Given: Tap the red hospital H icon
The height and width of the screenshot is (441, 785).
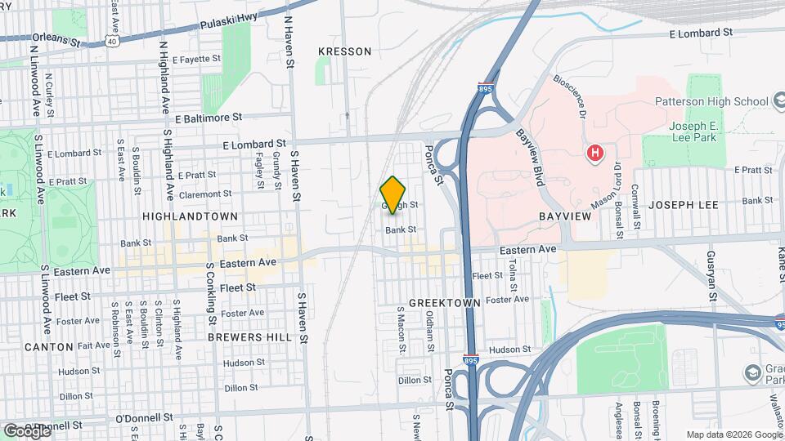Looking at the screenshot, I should [595, 152].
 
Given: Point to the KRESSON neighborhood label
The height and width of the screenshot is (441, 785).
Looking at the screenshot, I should [344, 51].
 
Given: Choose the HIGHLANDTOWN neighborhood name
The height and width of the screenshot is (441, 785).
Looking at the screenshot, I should [190, 216].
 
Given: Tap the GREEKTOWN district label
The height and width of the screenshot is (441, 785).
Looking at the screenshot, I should [444, 302].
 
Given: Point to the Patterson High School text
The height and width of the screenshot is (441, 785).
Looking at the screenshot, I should [711, 101].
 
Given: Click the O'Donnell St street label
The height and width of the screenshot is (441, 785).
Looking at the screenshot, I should [145, 417].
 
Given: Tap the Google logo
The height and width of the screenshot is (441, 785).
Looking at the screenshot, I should [27, 430].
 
